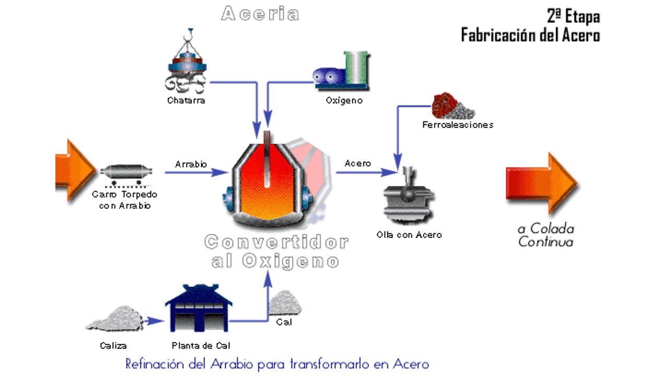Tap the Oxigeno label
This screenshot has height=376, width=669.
[x=344, y=100]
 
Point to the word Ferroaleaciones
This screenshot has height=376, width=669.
[x=457, y=125]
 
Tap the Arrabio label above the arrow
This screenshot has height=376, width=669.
[x=191, y=164]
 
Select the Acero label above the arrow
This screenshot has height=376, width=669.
[x=357, y=163]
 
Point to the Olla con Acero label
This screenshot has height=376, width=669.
[x=409, y=235]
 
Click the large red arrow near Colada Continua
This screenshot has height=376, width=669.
[x=541, y=183]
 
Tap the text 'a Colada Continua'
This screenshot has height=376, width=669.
[x=546, y=235]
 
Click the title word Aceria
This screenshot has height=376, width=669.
[x=260, y=14]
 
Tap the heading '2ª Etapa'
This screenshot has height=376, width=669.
[x=573, y=16]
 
